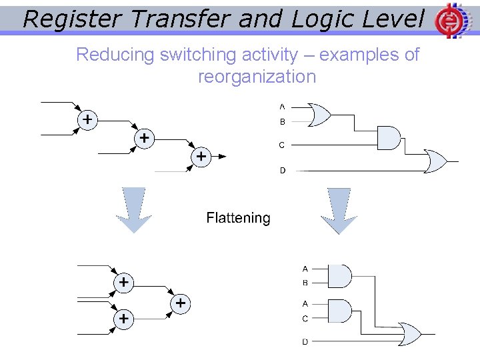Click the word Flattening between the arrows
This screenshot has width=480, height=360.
(238, 218)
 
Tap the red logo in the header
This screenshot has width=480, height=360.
(449, 21)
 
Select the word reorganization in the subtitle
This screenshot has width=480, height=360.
(257, 77)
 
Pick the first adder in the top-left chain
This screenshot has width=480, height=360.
(87, 119)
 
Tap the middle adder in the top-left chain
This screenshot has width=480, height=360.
(143, 138)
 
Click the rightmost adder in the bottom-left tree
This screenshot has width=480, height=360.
(181, 303)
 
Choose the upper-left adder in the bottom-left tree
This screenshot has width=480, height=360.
(123, 282)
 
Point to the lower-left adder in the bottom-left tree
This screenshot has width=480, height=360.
(123, 319)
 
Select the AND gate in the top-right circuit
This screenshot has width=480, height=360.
(388, 138)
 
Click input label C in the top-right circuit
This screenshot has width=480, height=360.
(282, 145)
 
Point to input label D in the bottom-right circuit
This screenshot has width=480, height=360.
(305, 342)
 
